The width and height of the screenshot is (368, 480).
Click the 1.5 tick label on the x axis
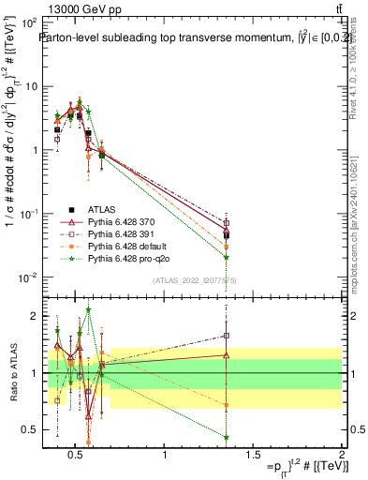click(254, 456)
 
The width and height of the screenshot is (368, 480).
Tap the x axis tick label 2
click(342, 456)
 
